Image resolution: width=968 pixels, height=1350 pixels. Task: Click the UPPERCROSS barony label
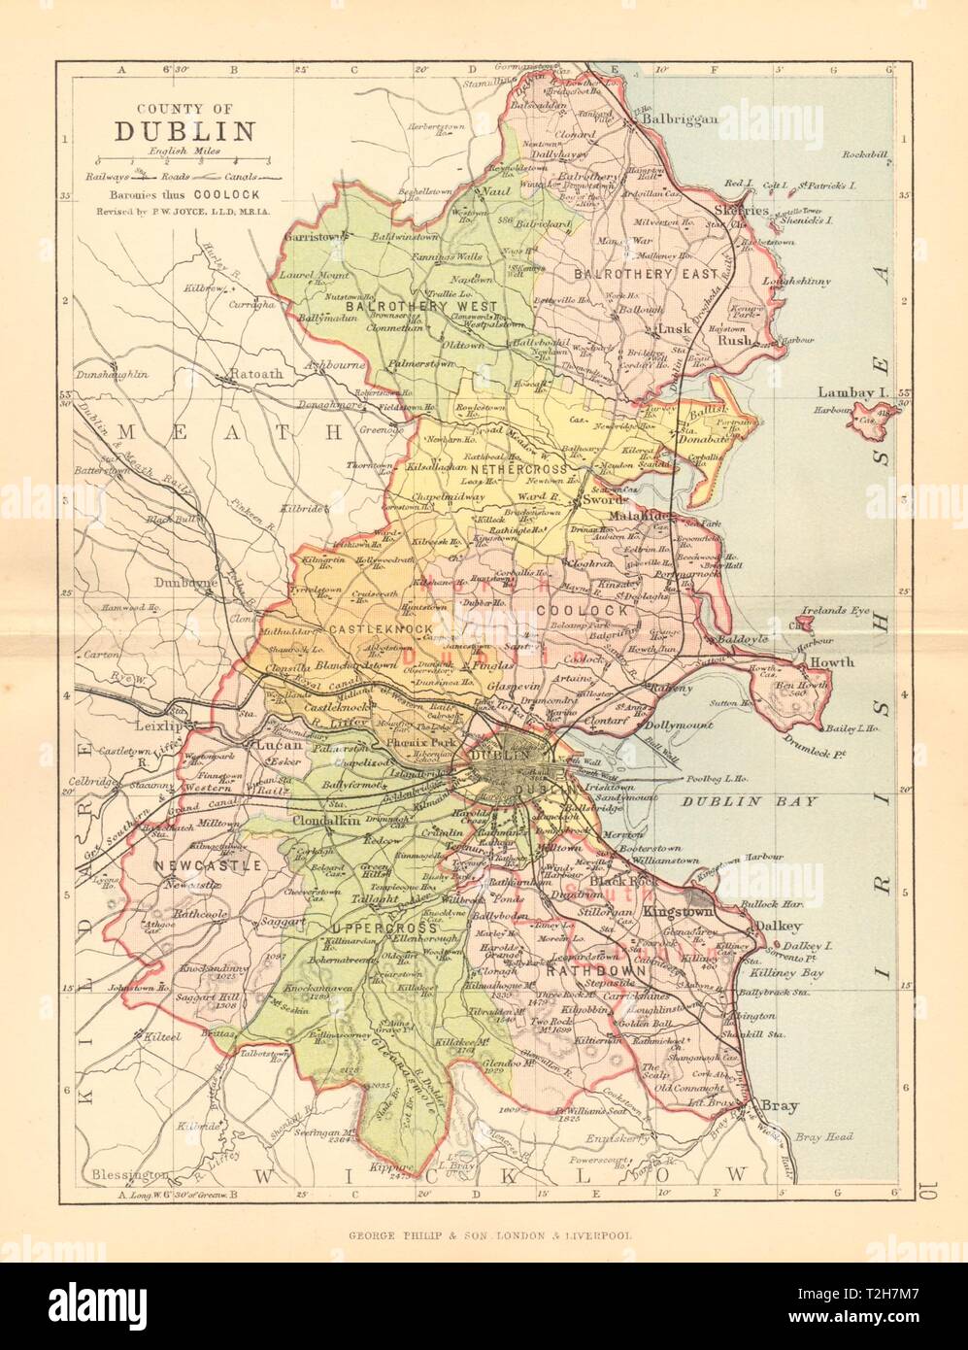tap(355, 930)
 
